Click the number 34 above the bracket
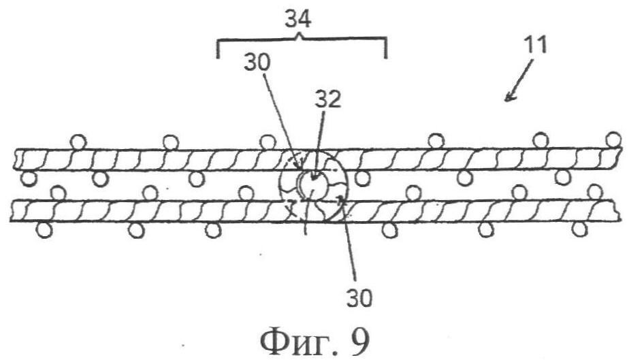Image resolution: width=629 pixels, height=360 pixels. pos(297,20)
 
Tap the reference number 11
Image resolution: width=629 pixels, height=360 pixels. pos(536,45)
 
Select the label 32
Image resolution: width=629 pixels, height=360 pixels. pos(327,99)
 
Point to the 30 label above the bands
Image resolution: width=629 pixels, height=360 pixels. pos(257,63)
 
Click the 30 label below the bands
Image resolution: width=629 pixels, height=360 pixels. pos(359,297)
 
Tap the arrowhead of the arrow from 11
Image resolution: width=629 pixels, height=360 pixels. pos(509,97)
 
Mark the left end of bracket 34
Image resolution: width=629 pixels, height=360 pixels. pos(217,58)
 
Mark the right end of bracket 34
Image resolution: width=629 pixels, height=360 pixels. pos(386,58)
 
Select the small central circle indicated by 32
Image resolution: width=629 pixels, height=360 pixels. pos(314,183)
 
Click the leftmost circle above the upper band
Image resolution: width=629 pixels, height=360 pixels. pos(78,142)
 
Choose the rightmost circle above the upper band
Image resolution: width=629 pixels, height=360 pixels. pos(613,140)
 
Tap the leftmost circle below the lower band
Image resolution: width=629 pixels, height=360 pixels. pos(44,230)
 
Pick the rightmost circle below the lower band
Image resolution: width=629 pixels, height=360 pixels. pos(579,229)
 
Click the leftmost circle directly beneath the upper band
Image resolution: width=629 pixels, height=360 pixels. pos(29,179)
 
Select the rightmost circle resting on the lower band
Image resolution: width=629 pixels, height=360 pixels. pos(596,192)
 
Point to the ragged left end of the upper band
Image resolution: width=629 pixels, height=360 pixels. pos(16,160)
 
